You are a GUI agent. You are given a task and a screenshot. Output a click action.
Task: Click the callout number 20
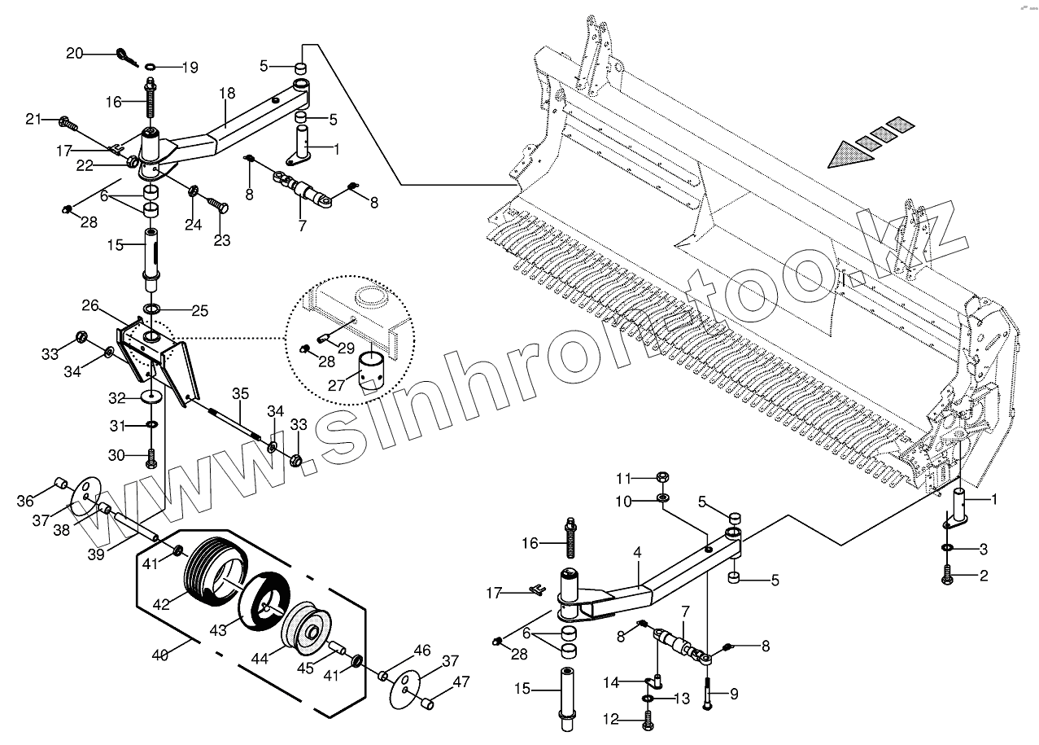[75, 53]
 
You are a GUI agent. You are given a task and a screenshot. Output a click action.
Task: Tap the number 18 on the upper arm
[227, 94]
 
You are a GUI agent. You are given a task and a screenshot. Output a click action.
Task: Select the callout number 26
[90, 305]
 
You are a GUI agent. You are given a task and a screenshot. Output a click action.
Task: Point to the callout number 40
[160, 654]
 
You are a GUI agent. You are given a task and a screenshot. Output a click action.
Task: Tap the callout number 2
[983, 576]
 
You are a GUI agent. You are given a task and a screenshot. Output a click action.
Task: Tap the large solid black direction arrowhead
[850, 153]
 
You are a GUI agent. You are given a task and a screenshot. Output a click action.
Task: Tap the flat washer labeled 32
[151, 397]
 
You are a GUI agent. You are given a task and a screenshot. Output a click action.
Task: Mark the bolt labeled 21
[68, 124]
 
